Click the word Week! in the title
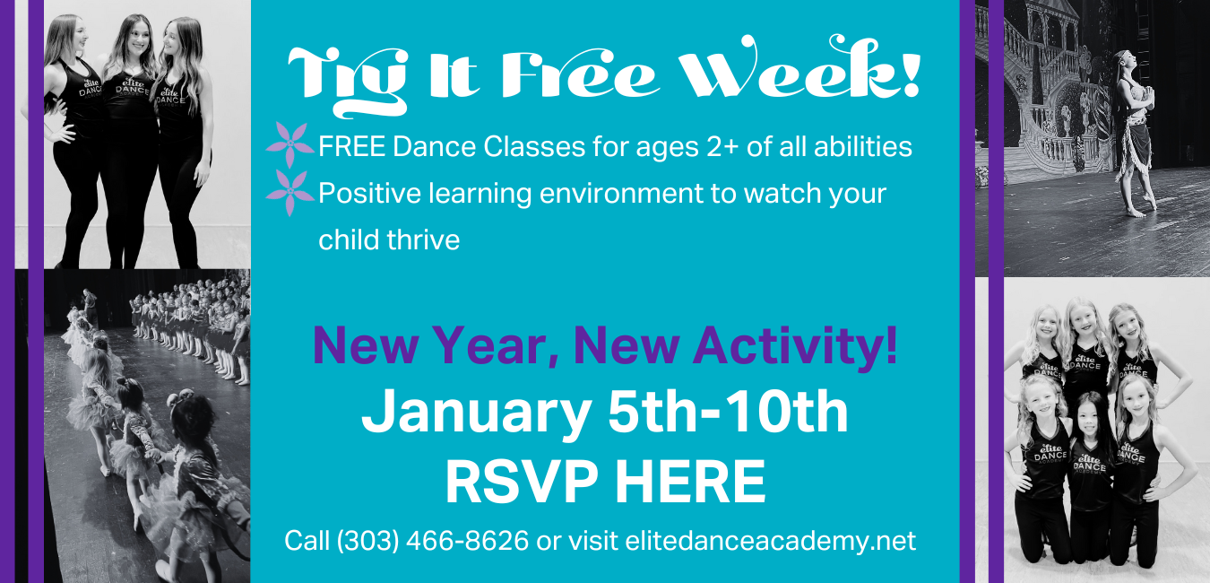[x=799, y=67]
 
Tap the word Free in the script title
[x=580, y=73]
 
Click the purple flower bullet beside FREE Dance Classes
[x=290, y=144]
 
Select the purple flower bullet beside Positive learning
[x=290, y=193]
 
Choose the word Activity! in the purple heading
[x=795, y=347]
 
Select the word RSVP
[x=522, y=482]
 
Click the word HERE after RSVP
[x=690, y=482]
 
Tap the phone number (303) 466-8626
[x=433, y=541]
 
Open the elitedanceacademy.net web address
[x=770, y=541]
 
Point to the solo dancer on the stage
[x=1134, y=133]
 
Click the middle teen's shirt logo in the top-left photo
[x=133, y=87]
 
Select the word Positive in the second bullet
[x=369, y=193]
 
